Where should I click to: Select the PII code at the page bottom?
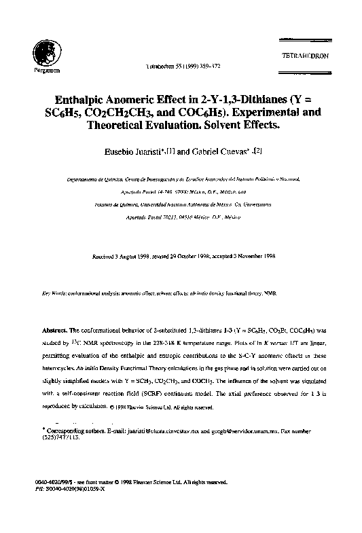pos(77,487)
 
